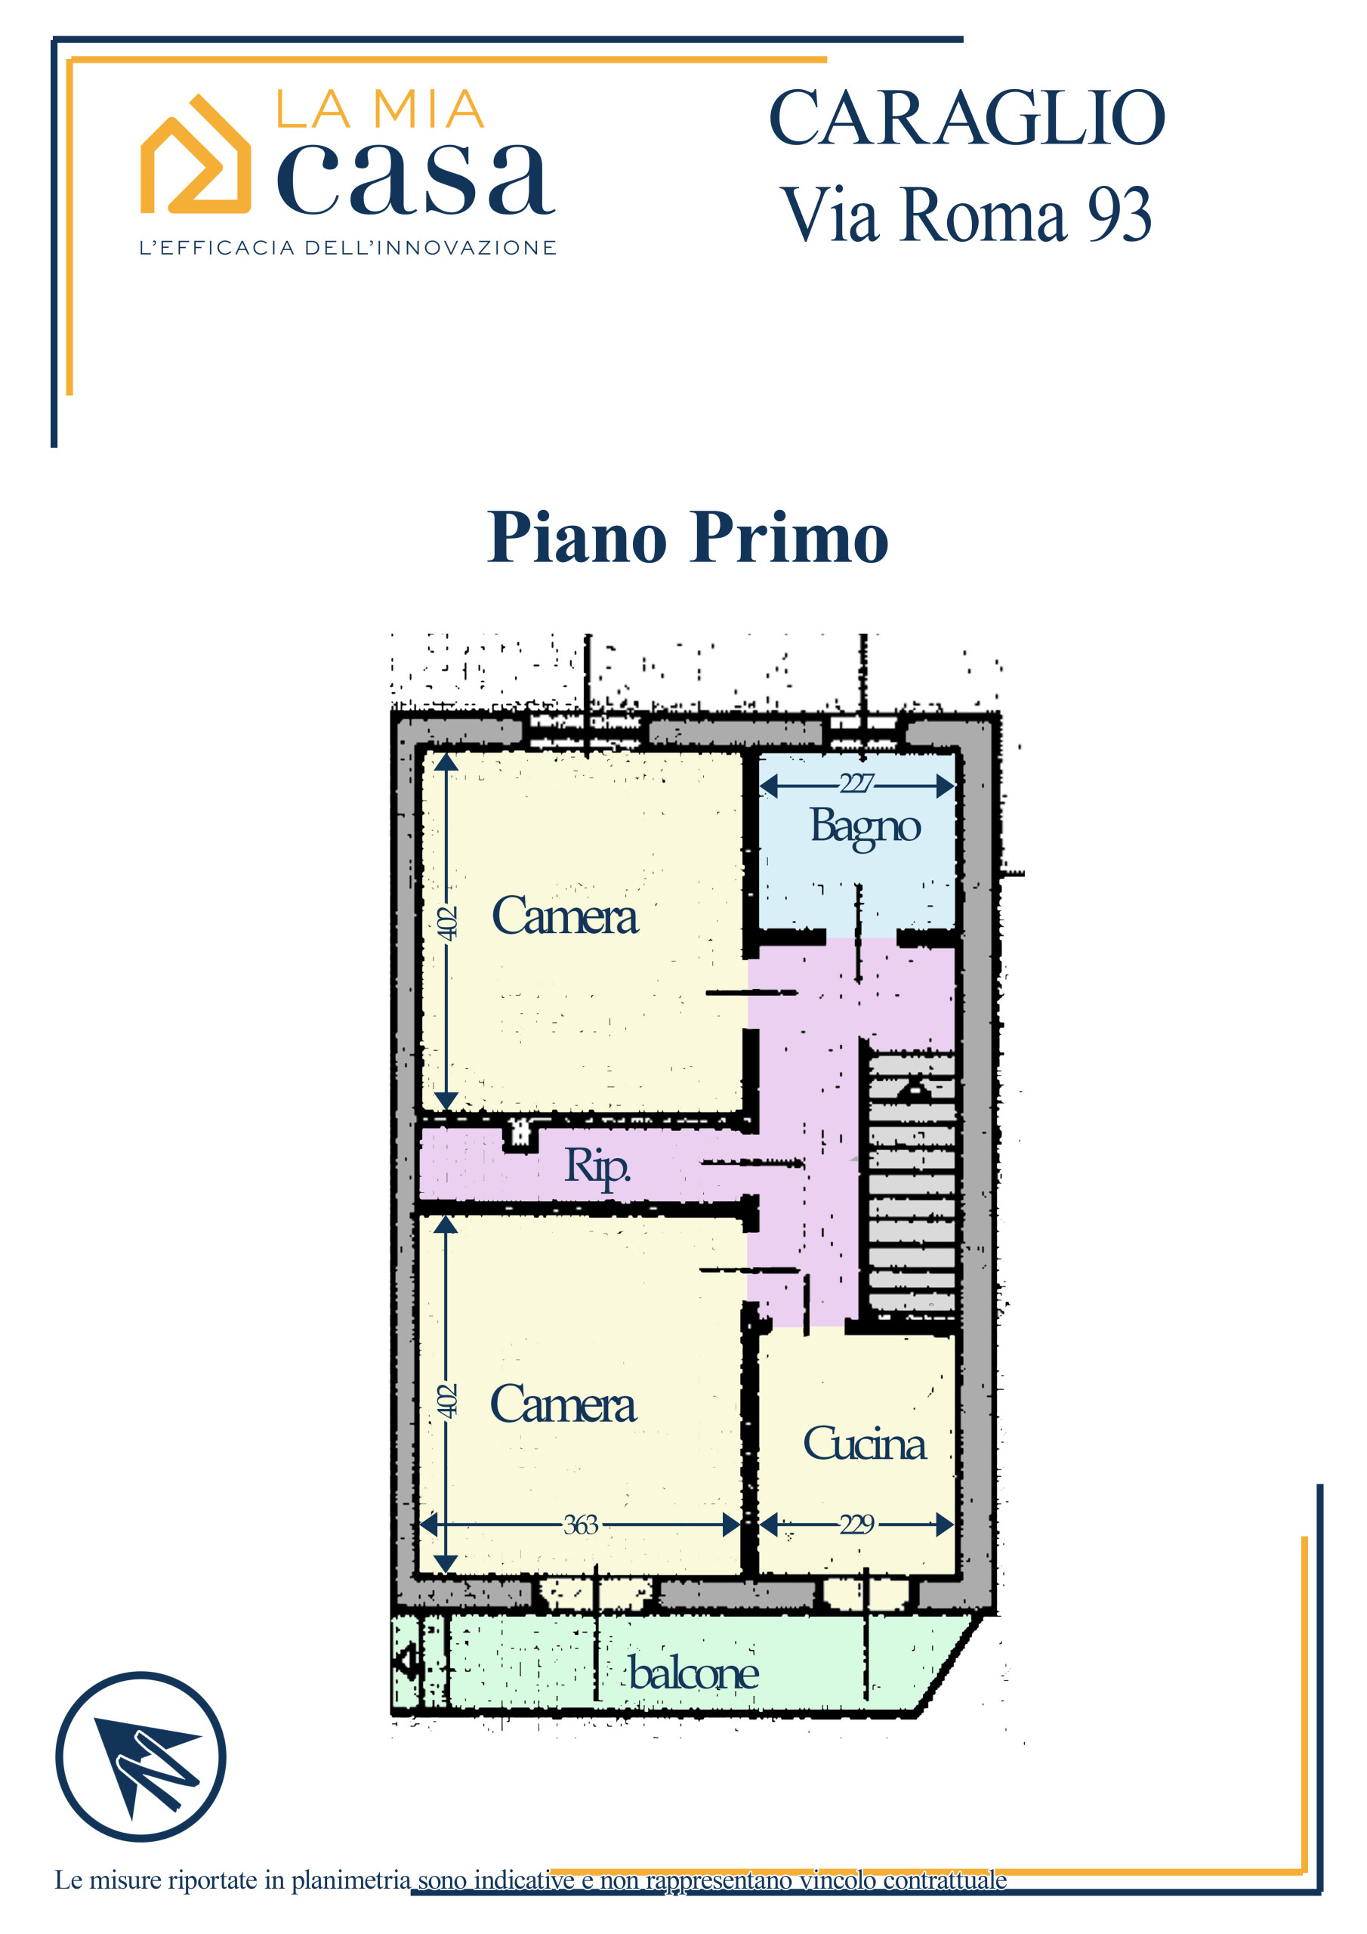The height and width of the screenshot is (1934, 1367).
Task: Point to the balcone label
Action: point(693,1673)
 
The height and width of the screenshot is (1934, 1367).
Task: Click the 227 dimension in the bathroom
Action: point(856,783)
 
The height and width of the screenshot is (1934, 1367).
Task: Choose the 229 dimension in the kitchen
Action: point(856,1524)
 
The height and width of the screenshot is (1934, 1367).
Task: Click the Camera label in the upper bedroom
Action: point(564,916)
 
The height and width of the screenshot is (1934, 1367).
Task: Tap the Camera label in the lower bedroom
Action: point(563,1404)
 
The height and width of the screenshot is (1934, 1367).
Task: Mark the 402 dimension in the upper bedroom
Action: point(447,923)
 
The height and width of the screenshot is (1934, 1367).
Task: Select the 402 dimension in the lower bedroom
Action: point(447,1401)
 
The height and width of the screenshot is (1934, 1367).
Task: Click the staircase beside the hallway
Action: point(912,1182)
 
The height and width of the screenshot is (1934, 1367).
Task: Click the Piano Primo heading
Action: point(687,537)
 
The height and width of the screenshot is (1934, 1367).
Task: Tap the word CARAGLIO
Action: point(967,118)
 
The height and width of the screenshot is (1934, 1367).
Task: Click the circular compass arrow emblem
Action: point(140,1756)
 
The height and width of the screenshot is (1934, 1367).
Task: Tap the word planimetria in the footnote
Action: point(350,1880)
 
